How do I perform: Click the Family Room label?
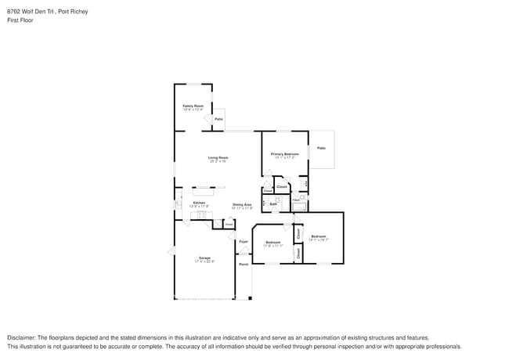(x=193, y=106)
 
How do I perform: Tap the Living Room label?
(x=218, y=158)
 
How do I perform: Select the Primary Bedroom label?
(x=285, y=154)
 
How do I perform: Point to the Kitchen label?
(x=199, y=203)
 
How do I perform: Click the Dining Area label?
(x=242, y=205)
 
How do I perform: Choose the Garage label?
(x=204, y=257)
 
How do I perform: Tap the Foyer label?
(x=244, y=242)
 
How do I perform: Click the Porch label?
(x=244, y=265)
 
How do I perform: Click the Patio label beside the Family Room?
(x=218, y=119)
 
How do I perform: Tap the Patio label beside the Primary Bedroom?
(x=321, y=148)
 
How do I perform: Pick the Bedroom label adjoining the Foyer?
(x=273, y=243)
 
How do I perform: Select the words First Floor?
(x=20, y=20)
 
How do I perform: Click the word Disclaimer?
(x=22, y=337)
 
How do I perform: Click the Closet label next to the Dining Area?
(x=229, y=224)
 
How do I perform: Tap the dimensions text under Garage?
(x=204, y=261)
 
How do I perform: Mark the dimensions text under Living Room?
(x=218, y=162)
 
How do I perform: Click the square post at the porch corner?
(x=250, y=298)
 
